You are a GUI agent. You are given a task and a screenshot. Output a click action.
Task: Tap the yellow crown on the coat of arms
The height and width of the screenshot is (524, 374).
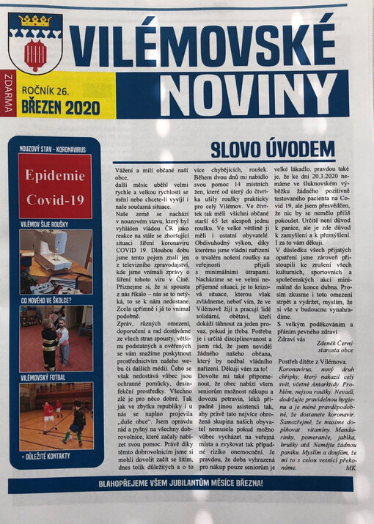click(x=34, y=23)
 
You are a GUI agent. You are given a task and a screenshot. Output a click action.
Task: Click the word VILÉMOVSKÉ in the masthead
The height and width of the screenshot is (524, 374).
click(x=205, y=46)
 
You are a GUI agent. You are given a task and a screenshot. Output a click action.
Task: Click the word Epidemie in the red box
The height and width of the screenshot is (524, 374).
click(x=55, y=176)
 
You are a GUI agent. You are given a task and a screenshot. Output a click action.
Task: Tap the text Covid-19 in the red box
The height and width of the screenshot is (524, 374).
click(x=55, y=199)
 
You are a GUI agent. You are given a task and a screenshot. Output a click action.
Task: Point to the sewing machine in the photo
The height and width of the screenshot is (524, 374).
click(x=54, y=254)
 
